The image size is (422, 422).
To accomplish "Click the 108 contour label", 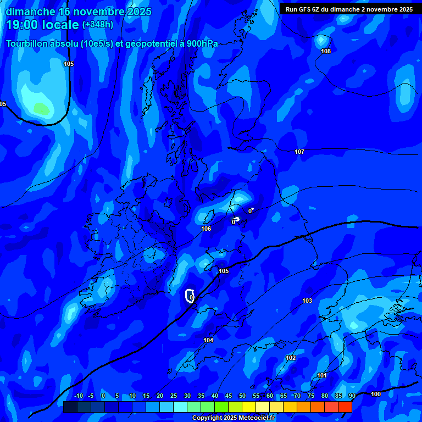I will click(x=326, y=51).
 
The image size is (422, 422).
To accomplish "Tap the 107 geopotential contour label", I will click(x=299, y=152).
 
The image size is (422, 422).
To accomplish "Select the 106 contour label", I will click(x=206, y=229).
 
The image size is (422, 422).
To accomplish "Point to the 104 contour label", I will click(x=208, y=340).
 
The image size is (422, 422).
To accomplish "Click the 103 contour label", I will click(x=307, y=301).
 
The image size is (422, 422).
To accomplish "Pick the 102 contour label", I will click(x=291, y=358).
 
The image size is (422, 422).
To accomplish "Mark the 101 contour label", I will click(x=322, y=375).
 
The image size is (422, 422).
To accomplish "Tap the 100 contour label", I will click(x=376, y=394).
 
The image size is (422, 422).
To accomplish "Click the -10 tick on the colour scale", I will click(x=78, y=396).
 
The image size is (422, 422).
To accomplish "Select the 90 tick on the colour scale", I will click(x=352, y=396).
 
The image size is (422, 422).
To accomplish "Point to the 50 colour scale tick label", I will click(x=242, y=396).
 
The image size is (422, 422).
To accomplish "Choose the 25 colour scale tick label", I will click(x=173, y=396).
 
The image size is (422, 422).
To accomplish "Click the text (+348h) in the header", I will click(x=98, y=25).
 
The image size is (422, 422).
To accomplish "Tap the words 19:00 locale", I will click(x=42, y=25).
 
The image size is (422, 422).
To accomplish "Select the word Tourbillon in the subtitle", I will click(x=27, y=43).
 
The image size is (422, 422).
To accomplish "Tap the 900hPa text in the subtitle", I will click(x=201, y=43).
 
